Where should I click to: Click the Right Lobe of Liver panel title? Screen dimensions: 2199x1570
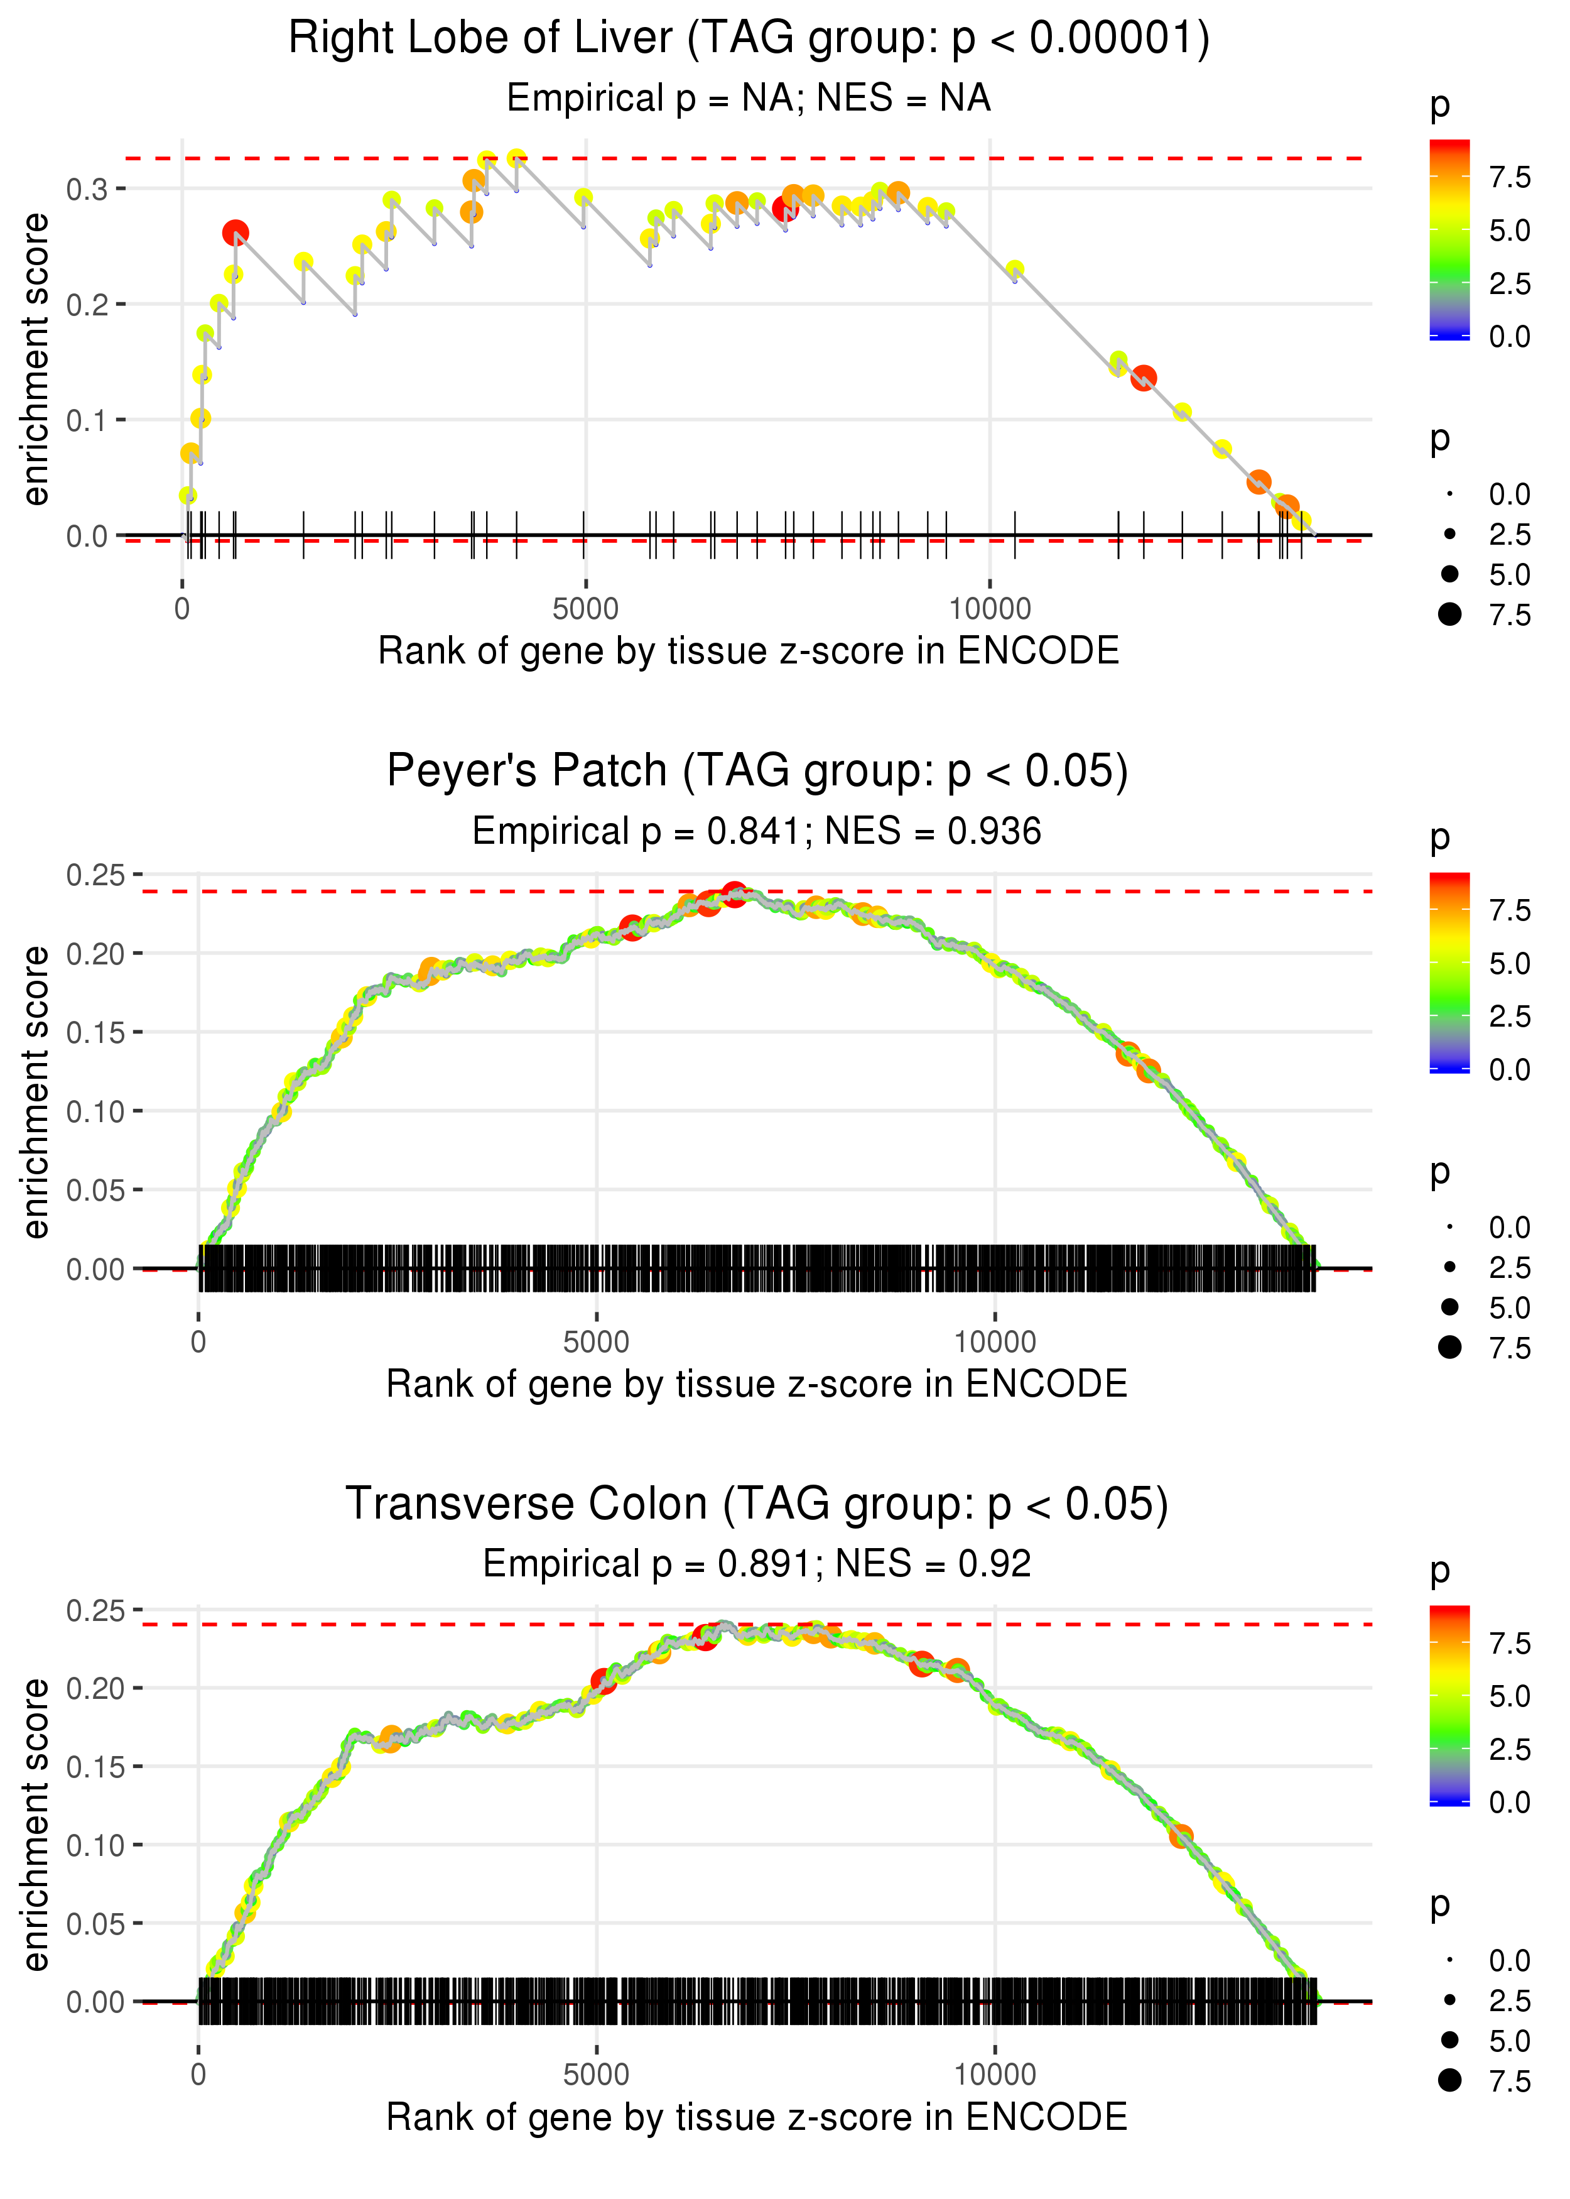pyautogui.click(x=749, y=39)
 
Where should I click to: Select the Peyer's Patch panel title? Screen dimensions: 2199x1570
pyautogui.click(x=757, y=771)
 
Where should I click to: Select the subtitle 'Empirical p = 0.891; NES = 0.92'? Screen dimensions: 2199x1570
pyautogui.click(x=757, y=1564)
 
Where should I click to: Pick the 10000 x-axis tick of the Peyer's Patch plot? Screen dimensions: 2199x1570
pyautogui.click(x=995, y=1342)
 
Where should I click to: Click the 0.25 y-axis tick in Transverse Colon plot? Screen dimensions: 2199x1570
pyautogui.click(x=95, y=1610)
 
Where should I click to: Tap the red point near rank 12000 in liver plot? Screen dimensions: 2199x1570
pyautogui.click(x=1144, y=377)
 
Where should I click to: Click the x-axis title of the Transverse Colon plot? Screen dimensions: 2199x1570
pyautogui.click(x=757, y=2118)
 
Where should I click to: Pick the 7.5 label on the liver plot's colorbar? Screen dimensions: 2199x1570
pyautogui.click(x=1509, y=177)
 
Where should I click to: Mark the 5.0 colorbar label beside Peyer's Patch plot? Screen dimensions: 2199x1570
pyautogui.click(x=1509, y=963)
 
